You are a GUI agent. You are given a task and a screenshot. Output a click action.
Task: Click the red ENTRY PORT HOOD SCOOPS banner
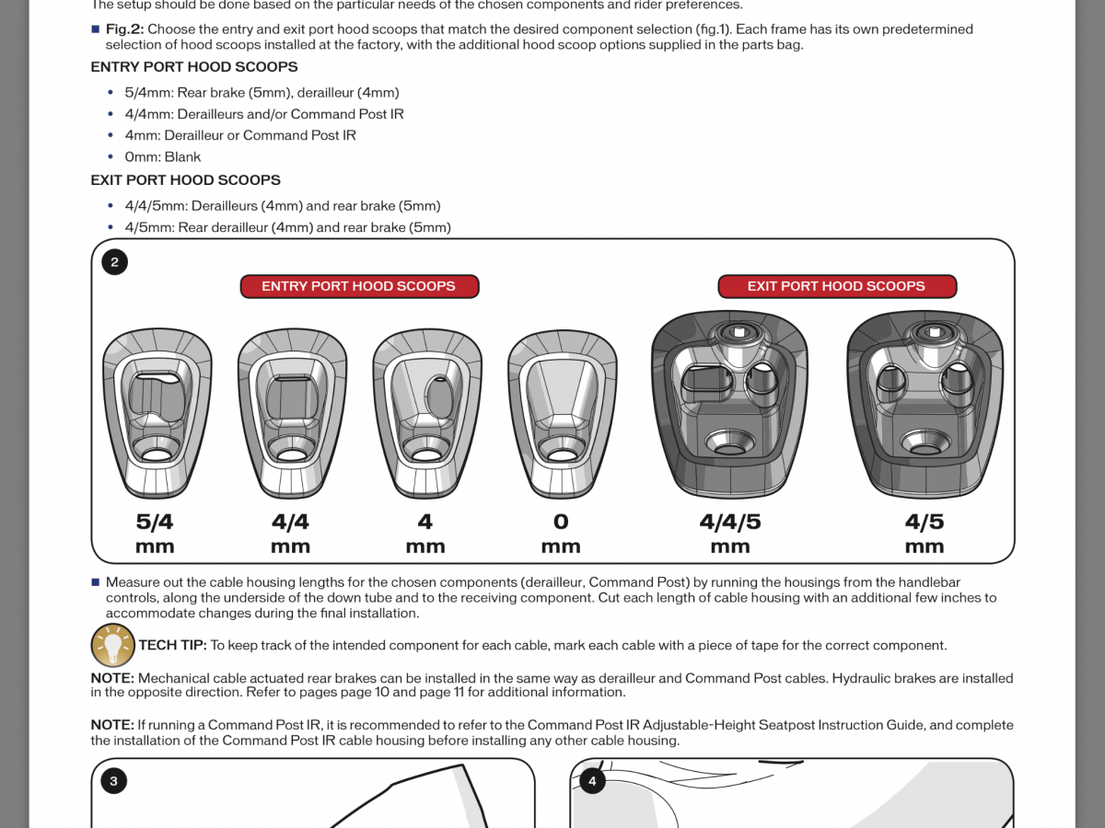pos(359,286)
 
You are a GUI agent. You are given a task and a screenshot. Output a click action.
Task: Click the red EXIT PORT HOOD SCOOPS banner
pos(836,286)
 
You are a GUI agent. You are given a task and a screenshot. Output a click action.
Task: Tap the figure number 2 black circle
pos(114,262)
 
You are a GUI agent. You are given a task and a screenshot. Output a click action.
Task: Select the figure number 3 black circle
pos(113,781)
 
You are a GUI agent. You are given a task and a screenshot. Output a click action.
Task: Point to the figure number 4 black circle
pos(592,781)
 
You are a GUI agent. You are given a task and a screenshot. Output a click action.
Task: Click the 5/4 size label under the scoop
pos(155,523)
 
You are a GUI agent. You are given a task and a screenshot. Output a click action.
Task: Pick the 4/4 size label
pos(290,523)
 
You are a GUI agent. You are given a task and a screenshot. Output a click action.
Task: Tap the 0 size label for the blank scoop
pos(561,523)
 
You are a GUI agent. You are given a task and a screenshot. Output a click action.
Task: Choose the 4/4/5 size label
pos(730,523)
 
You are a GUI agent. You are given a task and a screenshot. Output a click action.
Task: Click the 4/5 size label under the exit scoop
pos(925,523)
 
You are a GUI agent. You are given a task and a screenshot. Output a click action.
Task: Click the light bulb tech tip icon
pos(112,645)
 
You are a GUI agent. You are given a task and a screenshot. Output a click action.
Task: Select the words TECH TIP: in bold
pos(172,646)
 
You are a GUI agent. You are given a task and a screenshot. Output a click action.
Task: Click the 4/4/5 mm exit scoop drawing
pos(729,405)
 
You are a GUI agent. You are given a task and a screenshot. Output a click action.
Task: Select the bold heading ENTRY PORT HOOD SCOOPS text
pos(194,67)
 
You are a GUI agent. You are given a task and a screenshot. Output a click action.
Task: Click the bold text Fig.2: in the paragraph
pos(124,29)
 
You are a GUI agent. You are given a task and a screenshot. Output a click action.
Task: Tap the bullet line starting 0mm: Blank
pos(163,157)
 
